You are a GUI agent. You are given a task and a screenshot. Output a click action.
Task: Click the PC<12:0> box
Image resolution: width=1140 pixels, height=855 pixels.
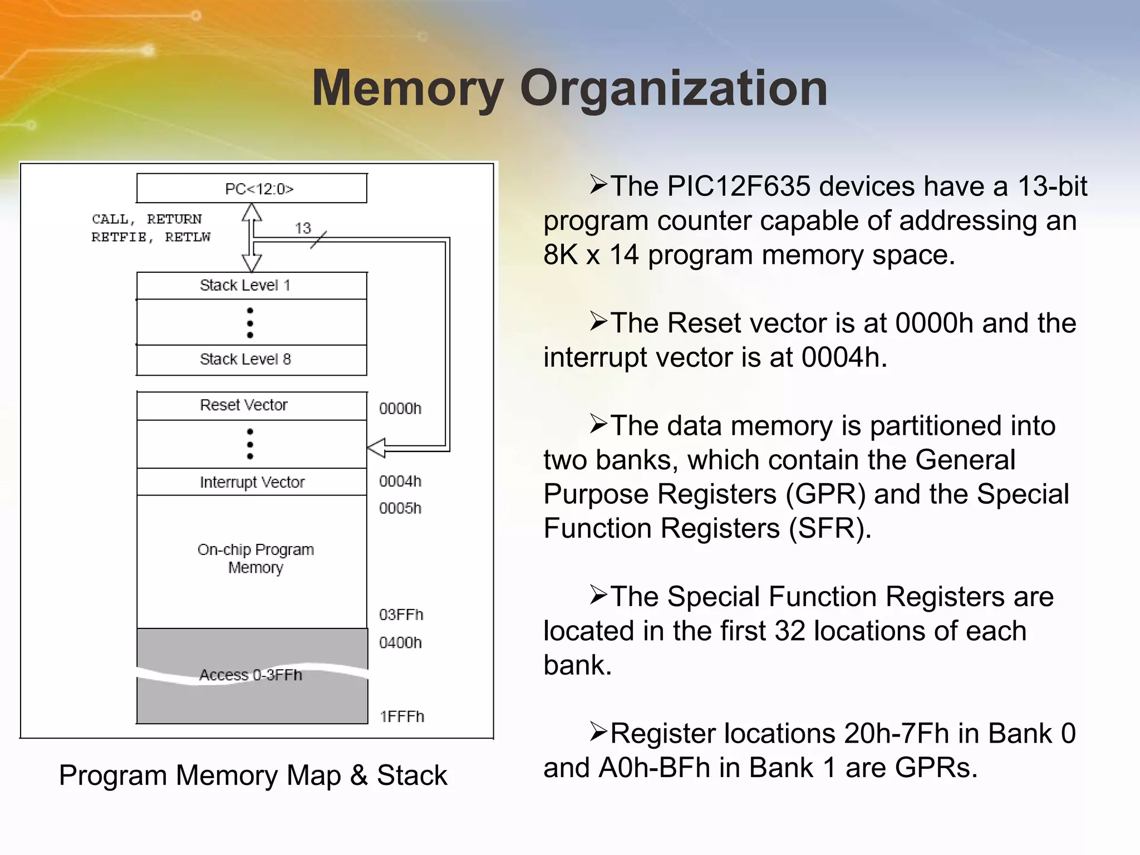point(252,189)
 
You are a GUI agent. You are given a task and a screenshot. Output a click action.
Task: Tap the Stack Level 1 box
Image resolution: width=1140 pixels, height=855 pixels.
point(252,286)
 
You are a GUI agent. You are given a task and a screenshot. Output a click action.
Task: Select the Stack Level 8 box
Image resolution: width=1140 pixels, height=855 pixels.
point(252,360)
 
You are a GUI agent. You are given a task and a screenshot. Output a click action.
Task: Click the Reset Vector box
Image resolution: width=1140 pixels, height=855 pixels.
point(252,405)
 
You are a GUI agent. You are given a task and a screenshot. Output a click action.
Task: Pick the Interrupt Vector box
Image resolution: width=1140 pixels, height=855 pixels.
point(252,482)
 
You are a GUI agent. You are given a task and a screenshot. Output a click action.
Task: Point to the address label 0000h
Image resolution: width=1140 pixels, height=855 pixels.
point(400,409)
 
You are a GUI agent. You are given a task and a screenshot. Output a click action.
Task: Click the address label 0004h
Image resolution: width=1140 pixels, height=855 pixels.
point(400,481)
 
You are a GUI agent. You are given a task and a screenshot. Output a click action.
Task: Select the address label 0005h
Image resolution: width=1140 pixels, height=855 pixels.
point(400,508)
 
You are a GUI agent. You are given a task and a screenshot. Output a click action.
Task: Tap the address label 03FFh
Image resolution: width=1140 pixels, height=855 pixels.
point(401,615)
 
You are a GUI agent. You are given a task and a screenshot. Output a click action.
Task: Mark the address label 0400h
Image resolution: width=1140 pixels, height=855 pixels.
point(400,643)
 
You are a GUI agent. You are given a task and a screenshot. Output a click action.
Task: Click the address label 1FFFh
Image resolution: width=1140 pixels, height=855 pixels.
point(402,716)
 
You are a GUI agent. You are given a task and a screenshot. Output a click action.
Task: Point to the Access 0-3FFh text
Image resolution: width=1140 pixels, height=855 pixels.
point(250,675)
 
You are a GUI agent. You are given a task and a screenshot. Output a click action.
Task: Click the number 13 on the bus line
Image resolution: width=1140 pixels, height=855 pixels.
point(303,228)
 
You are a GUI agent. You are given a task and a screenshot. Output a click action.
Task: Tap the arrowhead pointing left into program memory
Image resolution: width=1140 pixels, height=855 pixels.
point(377,448)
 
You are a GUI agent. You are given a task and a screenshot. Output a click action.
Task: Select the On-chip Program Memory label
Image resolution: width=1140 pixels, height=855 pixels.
point(255,558)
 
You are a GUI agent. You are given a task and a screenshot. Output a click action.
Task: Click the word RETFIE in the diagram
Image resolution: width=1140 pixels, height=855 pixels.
point(119,237)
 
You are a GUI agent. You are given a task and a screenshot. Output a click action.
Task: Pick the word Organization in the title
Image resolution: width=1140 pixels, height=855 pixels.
point(674,89)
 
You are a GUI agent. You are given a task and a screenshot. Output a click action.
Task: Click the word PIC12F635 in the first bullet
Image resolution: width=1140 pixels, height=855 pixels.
point(738,186)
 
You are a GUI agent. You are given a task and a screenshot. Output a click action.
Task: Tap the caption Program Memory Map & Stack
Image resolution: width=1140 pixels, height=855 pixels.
point(253,775)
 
